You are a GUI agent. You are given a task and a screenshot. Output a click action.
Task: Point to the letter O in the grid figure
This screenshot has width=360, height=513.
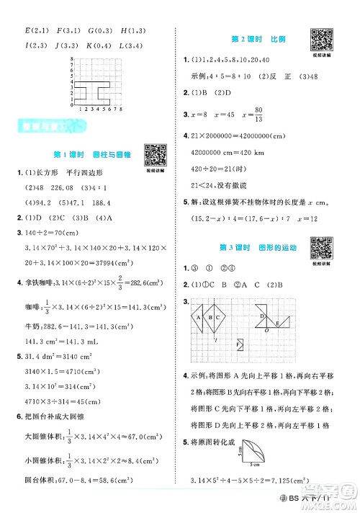coord(265,332)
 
